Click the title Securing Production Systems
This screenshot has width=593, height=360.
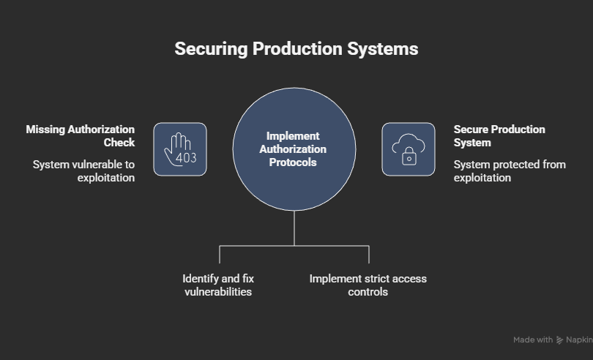[x=296, y=49]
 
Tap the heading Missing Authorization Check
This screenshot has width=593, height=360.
[x=81, y=135]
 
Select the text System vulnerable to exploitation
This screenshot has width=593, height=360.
[x=83, y=170]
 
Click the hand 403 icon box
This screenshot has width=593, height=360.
[x=180, y=149]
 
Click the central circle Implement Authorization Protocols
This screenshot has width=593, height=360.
[x=294, y=149]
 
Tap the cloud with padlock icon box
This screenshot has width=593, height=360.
[x=409, y=149]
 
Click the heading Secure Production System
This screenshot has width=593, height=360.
[x=499, y=135]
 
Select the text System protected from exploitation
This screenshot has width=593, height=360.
[x=509, y=170]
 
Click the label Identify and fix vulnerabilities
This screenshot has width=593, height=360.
[x=218, y=285]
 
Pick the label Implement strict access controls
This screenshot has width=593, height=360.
[x=368, y=285]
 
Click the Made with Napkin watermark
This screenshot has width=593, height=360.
[x=553, y=340]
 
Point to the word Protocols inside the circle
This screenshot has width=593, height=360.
[x=293, y=162]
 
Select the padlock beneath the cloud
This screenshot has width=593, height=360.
[x=409, y=157]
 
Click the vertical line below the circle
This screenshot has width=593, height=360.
[x=294, y=228]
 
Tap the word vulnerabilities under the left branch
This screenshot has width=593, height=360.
[x=218, y=291]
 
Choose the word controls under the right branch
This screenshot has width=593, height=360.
[x=368, y=291]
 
